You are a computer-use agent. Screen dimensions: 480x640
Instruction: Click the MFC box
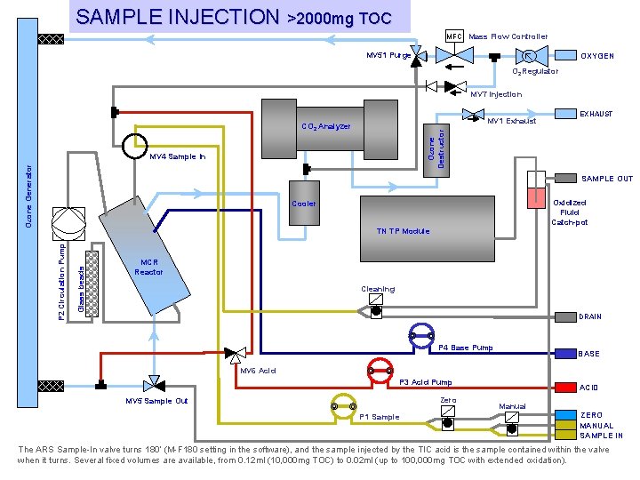tap(454, 36)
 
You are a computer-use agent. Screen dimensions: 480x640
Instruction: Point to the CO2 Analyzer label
tap(325, 126)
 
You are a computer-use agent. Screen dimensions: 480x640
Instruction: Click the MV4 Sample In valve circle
tap(136, 147)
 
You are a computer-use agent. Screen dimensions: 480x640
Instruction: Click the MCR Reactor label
tap(148, 267)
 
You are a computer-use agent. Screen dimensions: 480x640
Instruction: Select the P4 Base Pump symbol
tap(420, 335)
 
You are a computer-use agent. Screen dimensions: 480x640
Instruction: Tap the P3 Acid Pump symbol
tap(380, 370)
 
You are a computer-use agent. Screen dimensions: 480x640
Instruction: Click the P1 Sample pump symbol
tap(342, 406)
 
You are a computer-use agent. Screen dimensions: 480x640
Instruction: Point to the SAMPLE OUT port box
tap(565, 178)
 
